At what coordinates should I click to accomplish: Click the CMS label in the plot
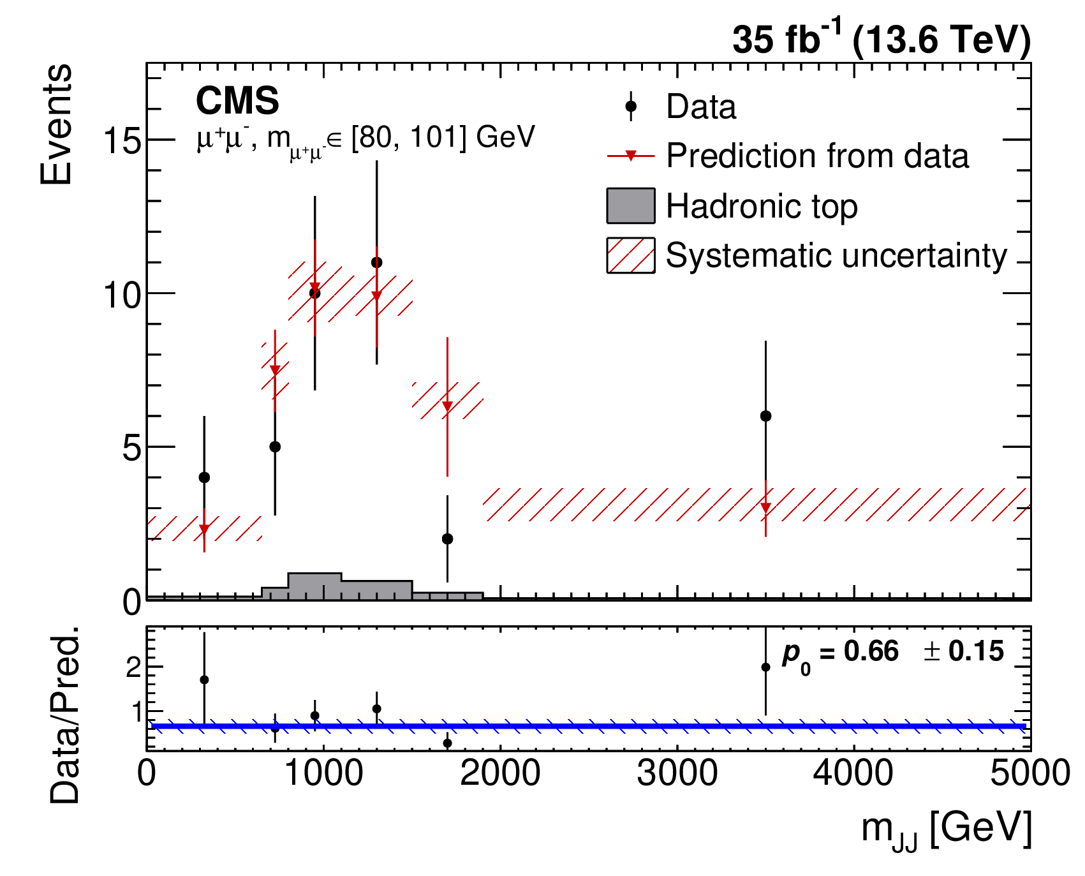click(x=237, y=101)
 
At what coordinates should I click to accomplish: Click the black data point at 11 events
click(x=376, y=262)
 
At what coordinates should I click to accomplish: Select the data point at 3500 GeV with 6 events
click(x=765, y=416)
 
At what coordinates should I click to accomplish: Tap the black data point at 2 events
click(x=447, y=539)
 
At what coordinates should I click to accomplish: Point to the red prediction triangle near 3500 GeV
click(x=765, y=508)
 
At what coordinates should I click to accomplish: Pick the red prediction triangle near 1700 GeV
click(x=447, y=406)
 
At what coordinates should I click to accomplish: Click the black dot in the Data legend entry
click(x=631, y=106)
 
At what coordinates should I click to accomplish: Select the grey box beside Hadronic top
click(x=631, y=205)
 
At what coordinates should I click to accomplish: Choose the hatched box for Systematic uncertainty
click(x=631, y=255)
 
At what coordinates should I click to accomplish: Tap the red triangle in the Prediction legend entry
click(x=631, y=156)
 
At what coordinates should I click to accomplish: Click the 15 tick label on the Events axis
click(x=122, y=140)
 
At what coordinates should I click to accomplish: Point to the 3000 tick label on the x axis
click(x=677, y=773)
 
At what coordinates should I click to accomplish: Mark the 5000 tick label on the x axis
click(x=1030, y=773)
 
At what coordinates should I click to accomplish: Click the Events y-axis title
click(x=56, y=124)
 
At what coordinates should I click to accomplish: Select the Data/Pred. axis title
click(x=64, y=715)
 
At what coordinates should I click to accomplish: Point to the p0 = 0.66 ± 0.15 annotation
click(x=893, y=654)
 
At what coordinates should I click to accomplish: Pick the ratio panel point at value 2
click(x=765, y=667)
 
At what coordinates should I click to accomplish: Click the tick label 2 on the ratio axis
click(x=133, y=667)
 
